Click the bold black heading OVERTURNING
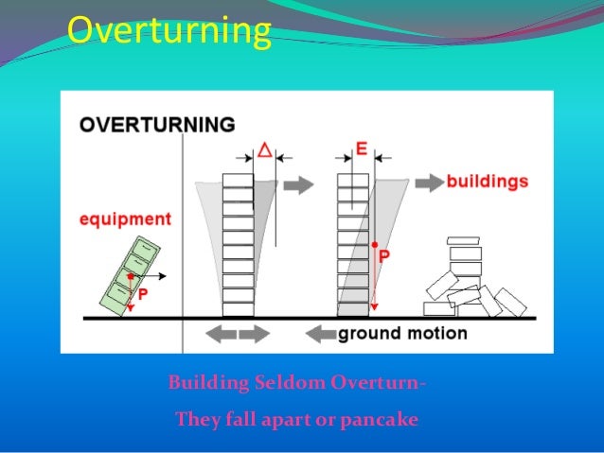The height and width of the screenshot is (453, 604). click(157, 125)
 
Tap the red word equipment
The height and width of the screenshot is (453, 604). click(124, 219)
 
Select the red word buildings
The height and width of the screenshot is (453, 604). click(488, 180)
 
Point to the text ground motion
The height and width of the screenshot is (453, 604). click(402, 333)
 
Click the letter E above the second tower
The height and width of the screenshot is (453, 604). click(361, 149)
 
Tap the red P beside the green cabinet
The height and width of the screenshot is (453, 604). click(142, 295)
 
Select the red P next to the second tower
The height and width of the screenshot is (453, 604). click(384, 254)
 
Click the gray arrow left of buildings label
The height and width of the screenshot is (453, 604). click(429, 180)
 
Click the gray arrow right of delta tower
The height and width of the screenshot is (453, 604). click(298, 184)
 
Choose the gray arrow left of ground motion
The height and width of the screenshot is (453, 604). click(322, 333)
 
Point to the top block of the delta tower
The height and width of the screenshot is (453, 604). click(238, 180)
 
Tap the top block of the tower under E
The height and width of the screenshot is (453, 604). click(353, 180)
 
